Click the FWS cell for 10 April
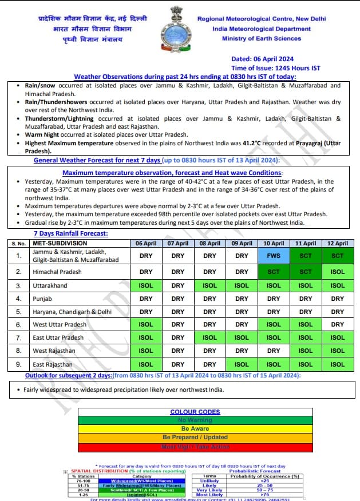tap(274, 255)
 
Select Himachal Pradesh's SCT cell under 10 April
tap(274, 272)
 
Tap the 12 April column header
tap(338, 243)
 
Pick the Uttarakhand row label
tap(50, 285)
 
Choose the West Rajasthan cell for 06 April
tap(146, 351)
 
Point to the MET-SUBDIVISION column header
tap(60, 243)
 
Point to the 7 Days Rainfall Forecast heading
tap(70, 233)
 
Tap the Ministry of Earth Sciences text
tap(262, 38)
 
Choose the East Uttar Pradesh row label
tap(58, 337)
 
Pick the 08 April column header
tap(210, 243)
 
